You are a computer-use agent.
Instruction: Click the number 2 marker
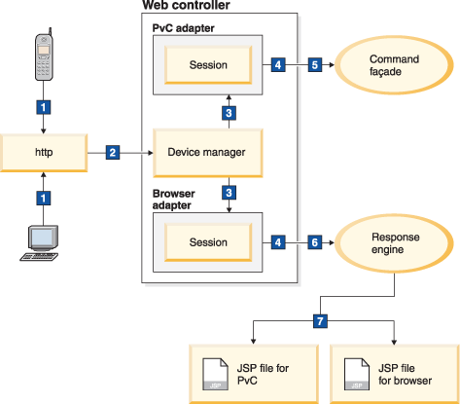point(113,153)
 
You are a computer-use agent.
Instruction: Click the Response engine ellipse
point(393,239)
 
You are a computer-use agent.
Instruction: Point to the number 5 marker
point(313,65)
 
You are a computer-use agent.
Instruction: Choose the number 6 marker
point(313,239)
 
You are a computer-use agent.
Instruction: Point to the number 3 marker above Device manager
point(229,114)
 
